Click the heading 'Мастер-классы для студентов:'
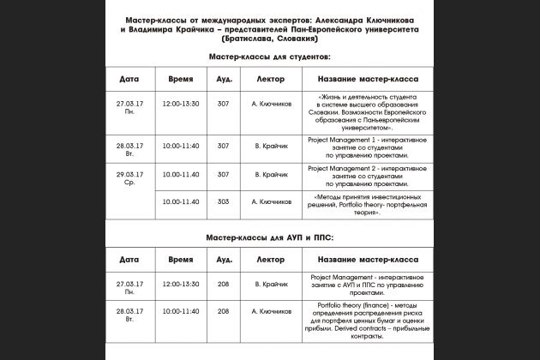[x=269, y=56]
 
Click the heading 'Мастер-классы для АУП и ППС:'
[x=269, y=236]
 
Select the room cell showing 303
[x=224, y=201]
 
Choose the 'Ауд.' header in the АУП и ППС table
[x=224, y=258]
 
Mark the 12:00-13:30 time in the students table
[x=180, y=104]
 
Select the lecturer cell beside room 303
[x=270, y=201]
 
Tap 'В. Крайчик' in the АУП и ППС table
[x=270, y=283]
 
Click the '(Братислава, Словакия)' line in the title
[x=269, y=38]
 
